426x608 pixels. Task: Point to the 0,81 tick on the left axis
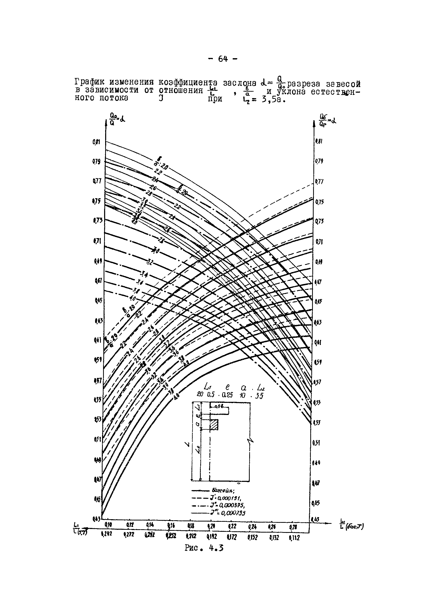[x=96, y=142]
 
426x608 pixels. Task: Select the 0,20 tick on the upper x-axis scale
[x=211, y=526]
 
